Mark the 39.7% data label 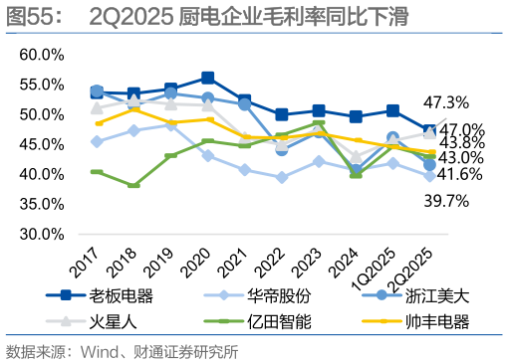(x=445, y=202)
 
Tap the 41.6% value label (x=460, y=175)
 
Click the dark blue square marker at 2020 (x=207, y=78)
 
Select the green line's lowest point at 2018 (x=132, y=185)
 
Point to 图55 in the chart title (x=32, y=16)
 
